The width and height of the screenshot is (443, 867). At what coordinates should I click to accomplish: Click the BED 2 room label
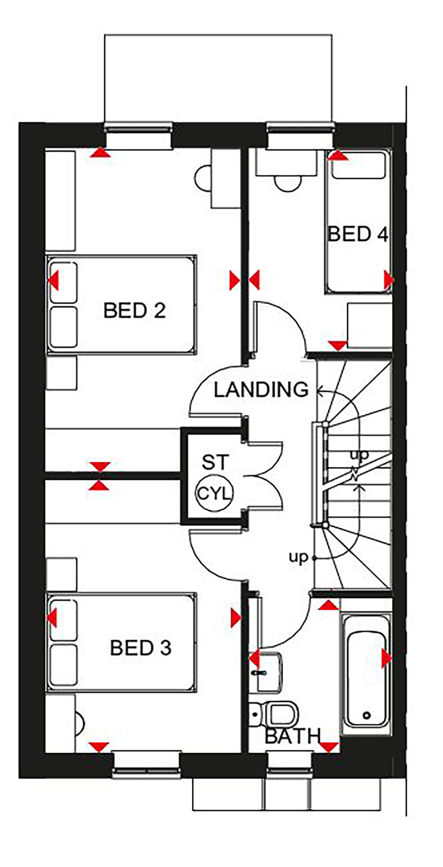(x=135, y=310)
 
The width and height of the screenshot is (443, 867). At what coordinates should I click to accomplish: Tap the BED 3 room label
(x=141, y=648)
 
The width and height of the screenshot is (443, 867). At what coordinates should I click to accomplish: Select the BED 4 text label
(x=358, y=234)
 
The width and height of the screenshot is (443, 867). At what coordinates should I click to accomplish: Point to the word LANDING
(x=261, y=390)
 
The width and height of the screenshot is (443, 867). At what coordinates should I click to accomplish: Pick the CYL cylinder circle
(x=215, y=493)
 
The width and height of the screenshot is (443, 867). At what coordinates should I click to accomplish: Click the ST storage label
(x=215, y=462)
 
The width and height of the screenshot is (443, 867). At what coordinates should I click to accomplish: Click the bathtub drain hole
(x=367, y=715)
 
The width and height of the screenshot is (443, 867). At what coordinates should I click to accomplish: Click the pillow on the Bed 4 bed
(x=358, y=165)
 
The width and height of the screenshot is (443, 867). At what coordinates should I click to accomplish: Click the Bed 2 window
(x=138, y=135)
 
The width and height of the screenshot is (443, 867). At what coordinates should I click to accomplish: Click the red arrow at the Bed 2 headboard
(x=53, y=282)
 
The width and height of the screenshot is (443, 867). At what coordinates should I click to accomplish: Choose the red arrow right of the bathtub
(x=387, y=658)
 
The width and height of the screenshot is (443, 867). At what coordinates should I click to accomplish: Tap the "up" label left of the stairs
(x=299, y=557)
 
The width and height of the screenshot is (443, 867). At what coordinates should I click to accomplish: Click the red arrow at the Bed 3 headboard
(x=52, y=618)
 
